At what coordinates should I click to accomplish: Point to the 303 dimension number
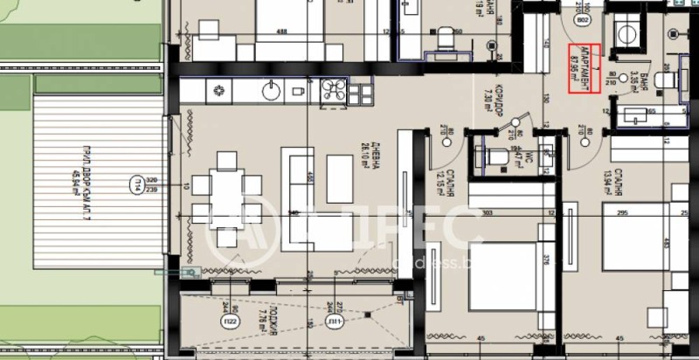pos(512,212)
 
